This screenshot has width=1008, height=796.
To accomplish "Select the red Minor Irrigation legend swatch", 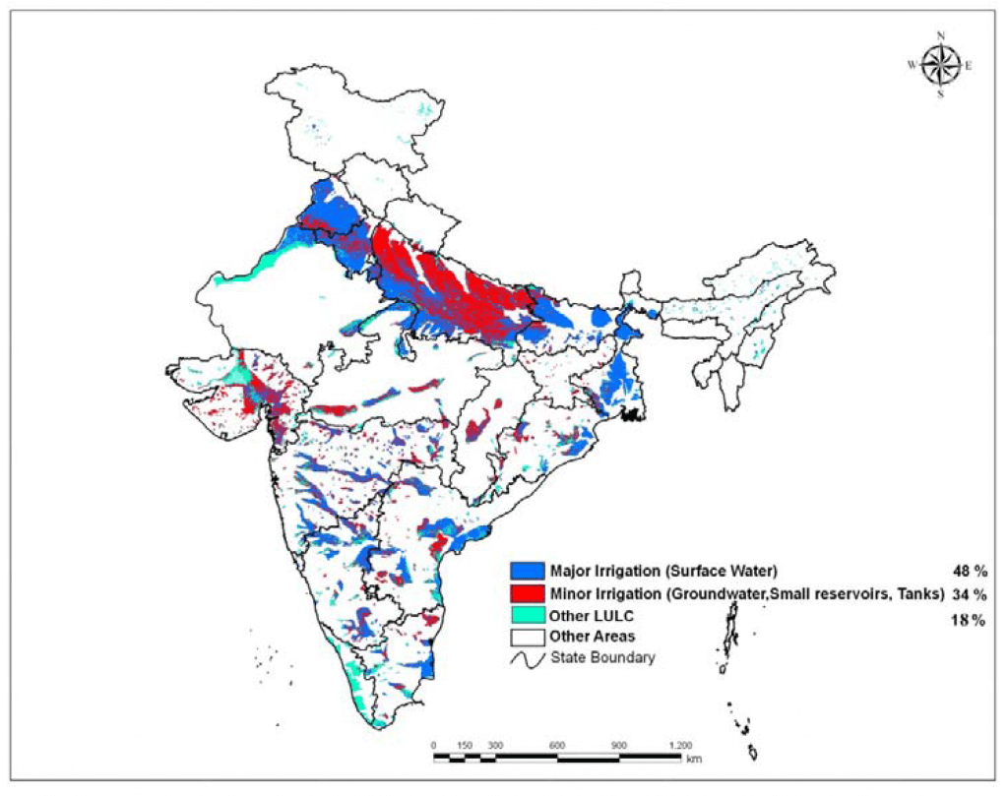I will tap(528, 593).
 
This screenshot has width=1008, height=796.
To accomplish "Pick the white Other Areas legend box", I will tap(528, 637).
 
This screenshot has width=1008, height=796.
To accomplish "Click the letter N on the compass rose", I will tap(941, 36).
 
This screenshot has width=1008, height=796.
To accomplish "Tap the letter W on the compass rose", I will tap(912, 66).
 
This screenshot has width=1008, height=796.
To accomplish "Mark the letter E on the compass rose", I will tap(969, 66).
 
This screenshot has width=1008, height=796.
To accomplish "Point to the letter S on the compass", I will tap(941, 94).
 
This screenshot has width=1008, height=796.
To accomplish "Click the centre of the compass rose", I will tap(941, 66).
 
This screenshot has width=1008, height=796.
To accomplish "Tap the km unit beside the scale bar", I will tap(695, 759).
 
